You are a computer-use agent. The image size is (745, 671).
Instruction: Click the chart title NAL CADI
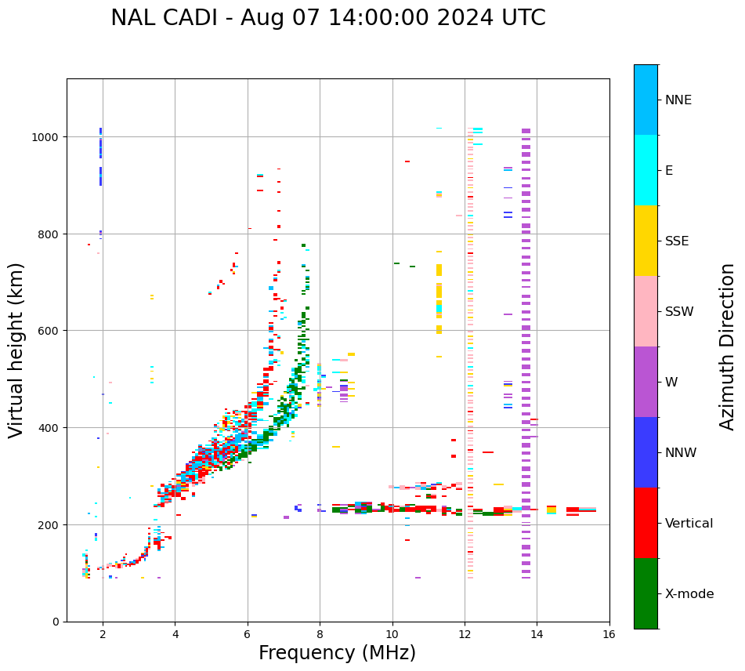tap(327, 18)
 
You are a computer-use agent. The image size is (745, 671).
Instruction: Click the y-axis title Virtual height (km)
tap(16, 350)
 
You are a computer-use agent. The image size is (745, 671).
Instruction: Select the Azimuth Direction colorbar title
tap(728, 346)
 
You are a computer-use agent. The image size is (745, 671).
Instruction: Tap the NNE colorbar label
tap(678, 100)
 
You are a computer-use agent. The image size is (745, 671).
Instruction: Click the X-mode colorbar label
tap(689, 594)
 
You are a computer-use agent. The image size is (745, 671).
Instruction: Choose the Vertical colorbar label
tap(689, 524)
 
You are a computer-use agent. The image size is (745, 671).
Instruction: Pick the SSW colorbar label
tap(679, 312)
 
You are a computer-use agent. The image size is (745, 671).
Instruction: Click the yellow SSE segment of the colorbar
tap(646, 241)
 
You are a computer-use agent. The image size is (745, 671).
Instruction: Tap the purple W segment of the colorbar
tap(646, 382)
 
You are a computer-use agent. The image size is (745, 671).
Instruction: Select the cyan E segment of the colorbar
tap(646, 170)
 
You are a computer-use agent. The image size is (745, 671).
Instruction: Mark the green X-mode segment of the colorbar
tap(646, 593)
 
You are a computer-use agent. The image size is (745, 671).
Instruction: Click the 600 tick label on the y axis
tap(50, 331)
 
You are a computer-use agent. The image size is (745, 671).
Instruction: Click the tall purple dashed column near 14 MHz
tap(526, 353)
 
